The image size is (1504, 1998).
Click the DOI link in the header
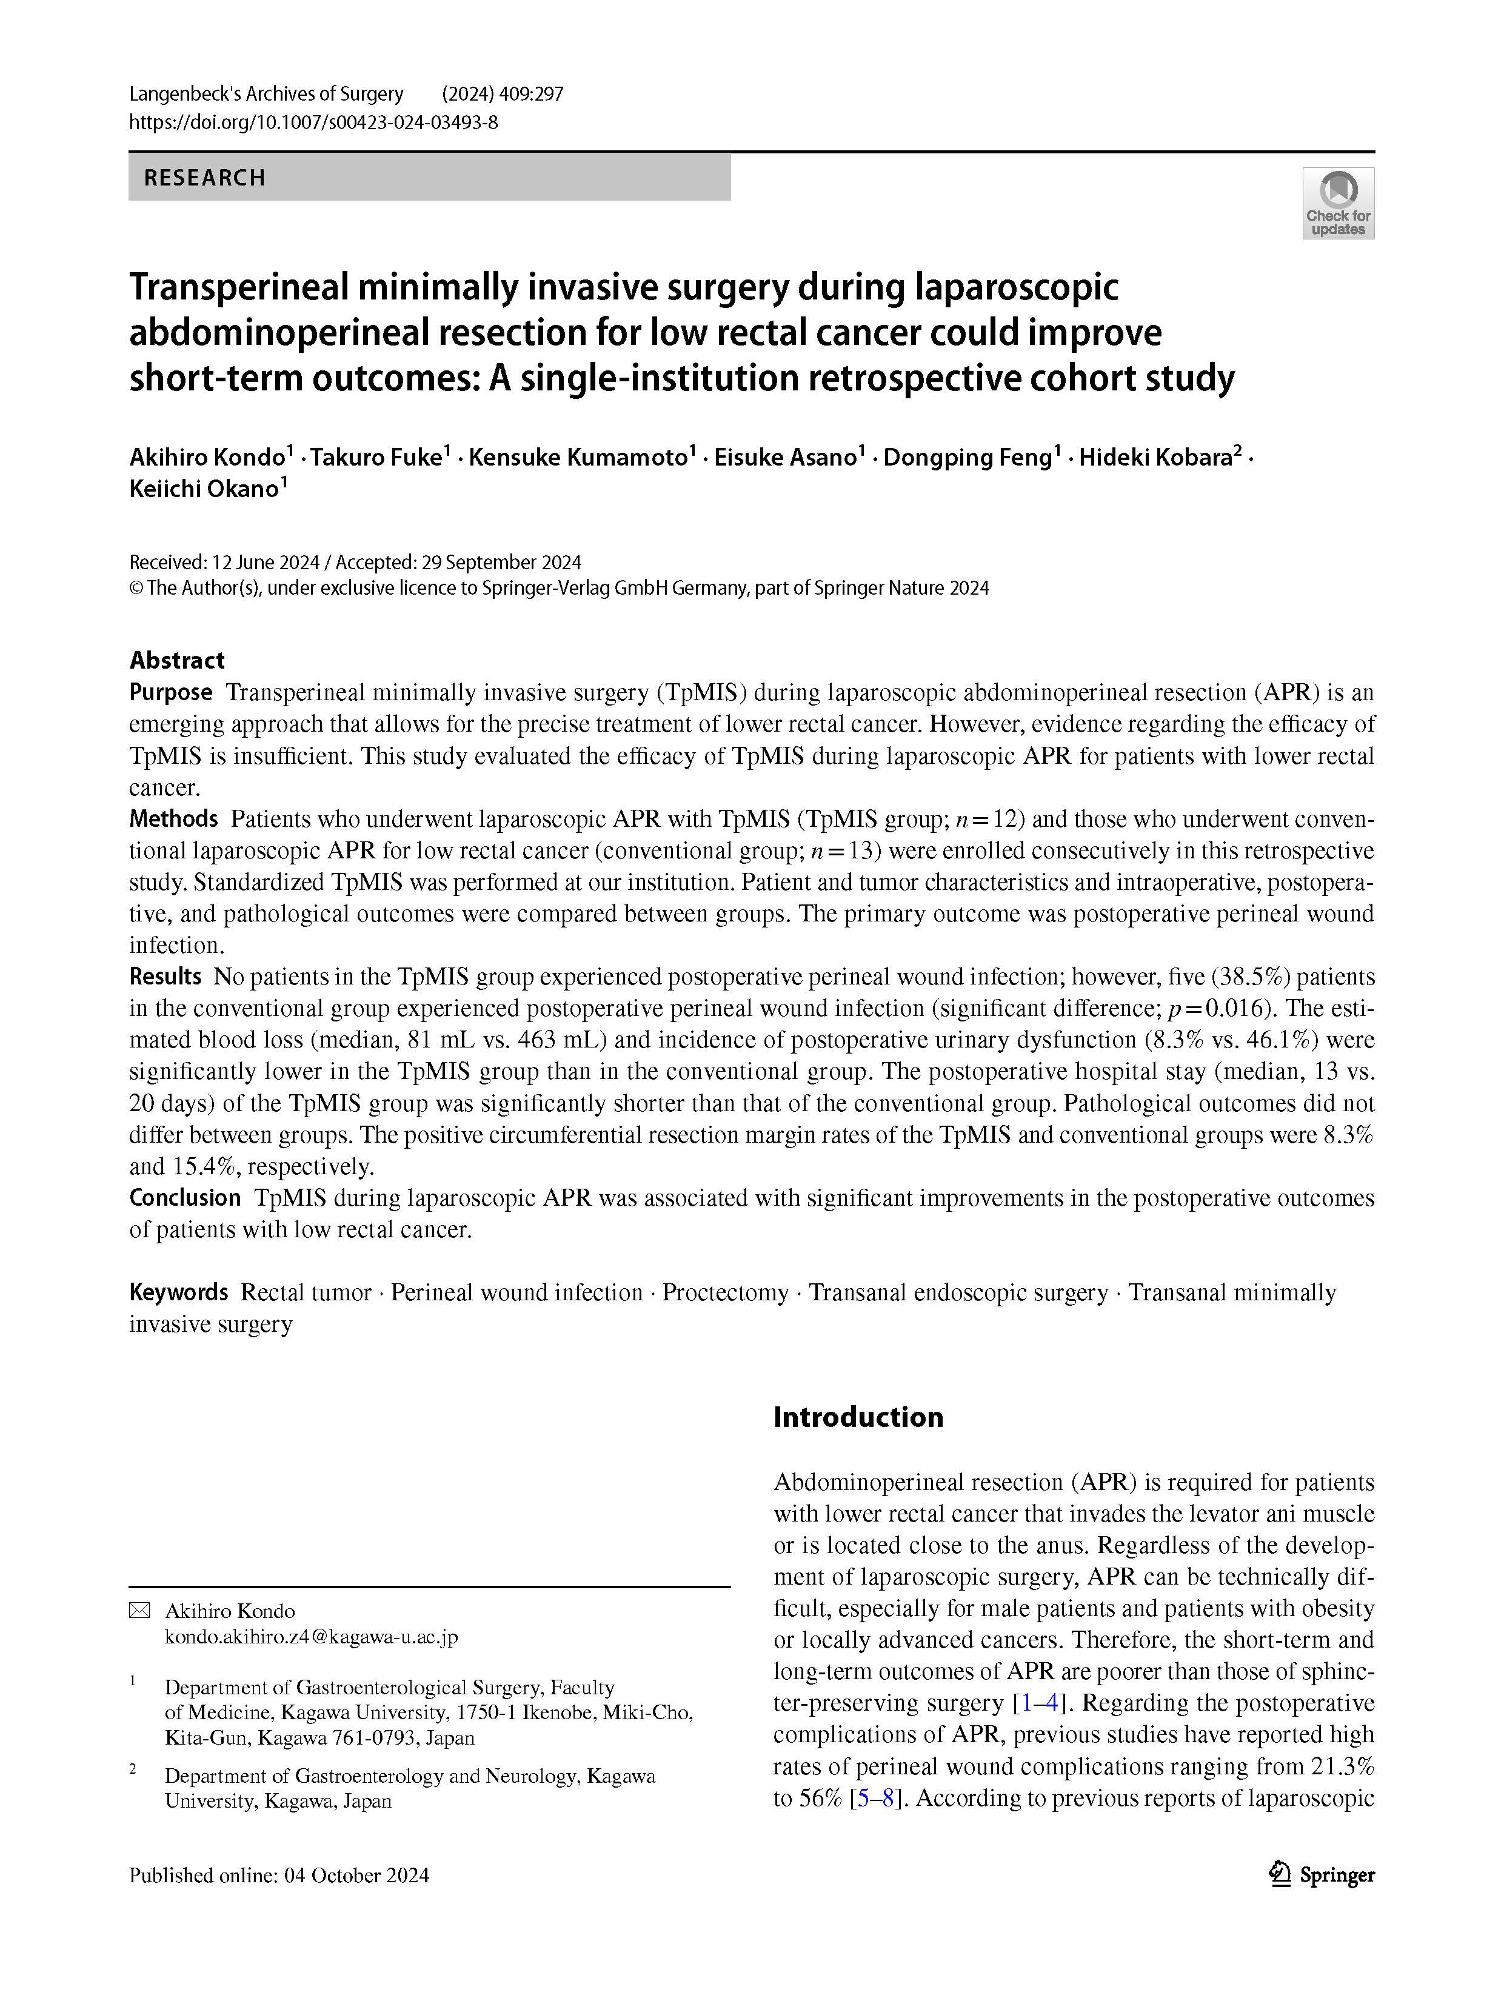[x=313, y=122]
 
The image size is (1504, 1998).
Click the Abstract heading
[x=177, y=660]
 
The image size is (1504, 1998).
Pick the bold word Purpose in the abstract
[x=171, y=693]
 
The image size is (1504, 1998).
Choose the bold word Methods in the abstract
[x=173, y=819]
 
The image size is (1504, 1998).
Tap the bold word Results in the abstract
[x=165, y=977]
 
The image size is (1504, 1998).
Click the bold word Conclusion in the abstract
[x=185, y=1198]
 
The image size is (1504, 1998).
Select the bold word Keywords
[x=179, y=1292]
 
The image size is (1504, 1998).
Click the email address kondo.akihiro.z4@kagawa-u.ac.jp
[x=312, y=1637]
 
